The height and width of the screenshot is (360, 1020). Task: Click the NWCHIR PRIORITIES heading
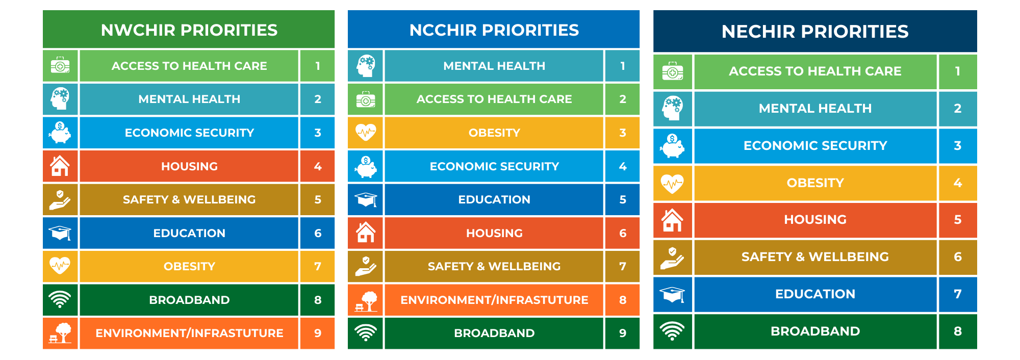click(189, 30)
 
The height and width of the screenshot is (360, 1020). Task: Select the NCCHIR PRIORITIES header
click(494, 30)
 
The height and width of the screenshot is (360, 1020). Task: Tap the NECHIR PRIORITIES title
click(815, 32)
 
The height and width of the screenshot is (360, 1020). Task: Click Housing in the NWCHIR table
click(189, 166)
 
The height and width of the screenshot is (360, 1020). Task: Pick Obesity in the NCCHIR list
click(494, 133)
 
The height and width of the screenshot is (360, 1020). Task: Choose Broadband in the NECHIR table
click(815, 331)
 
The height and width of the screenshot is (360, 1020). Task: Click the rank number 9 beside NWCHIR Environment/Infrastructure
click(318, 333)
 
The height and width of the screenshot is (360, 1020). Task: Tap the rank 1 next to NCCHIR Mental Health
click(623, 66)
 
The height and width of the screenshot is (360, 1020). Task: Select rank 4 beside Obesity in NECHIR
click(958, 183)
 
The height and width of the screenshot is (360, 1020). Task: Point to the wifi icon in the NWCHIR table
click(60, 299)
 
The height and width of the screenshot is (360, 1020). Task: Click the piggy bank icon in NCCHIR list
click(366, 167)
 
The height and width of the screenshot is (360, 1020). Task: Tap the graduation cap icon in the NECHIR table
click(673, 294)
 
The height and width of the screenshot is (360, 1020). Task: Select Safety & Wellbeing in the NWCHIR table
click(189, 199)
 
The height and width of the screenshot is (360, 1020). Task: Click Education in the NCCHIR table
click(494, 199)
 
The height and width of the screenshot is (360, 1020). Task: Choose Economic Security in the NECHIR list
click(815, 145)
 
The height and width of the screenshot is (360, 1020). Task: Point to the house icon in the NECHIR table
click(672, 220)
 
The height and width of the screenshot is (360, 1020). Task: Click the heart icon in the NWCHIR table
click(60, 265)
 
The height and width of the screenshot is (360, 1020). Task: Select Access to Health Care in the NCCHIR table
click(494, 99)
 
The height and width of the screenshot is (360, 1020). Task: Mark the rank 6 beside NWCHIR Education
click(318, 233)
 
